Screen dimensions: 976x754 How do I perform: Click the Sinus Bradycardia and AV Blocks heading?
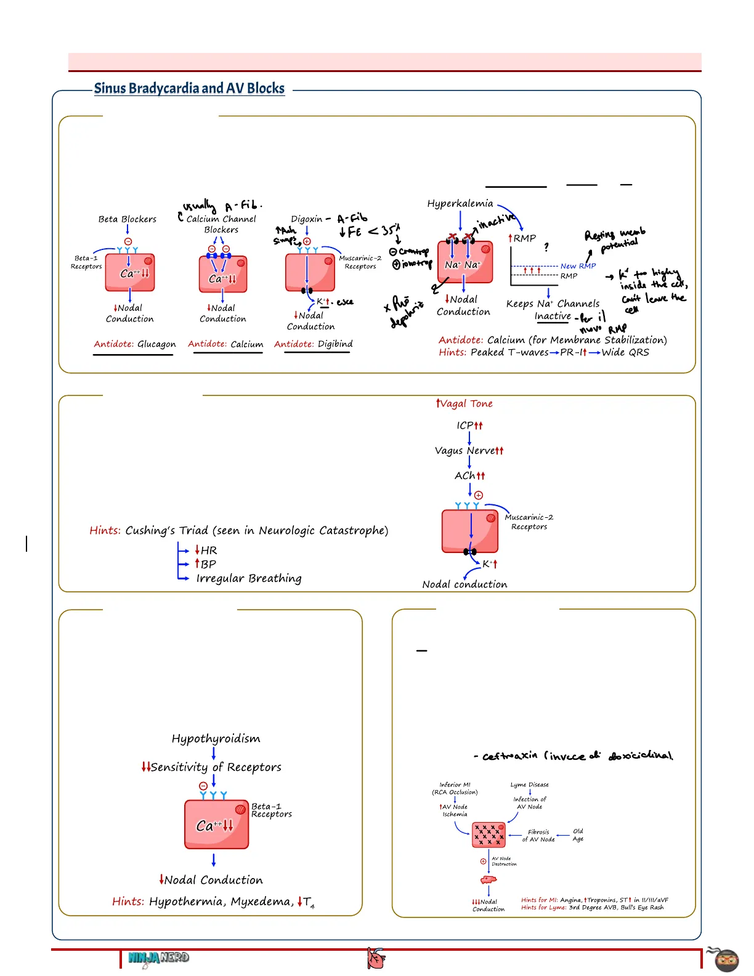pyautogui.click(x=189, y=89)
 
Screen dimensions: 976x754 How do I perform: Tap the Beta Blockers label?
pyautogui.click(x=128, y=219)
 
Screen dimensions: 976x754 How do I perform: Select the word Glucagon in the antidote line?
pyautogui.click(x=156, y=344)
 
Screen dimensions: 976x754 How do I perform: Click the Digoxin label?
pyautogui.click(x=307, y=219)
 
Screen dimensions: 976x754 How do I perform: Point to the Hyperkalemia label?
pyautogui.click(x=460, y=204)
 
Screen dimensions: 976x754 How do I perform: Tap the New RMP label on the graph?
pyautogui.click(x=578, y=266)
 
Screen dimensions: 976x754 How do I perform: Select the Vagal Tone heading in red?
pyautogui.click(x=464, y=404)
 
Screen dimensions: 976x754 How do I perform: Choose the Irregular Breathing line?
pyautogui.click(x=249, y=578)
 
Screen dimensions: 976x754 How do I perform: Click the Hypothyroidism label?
pyautogui.click(x=216, y=739)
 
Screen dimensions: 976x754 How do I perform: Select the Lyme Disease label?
pyautogui.click(x=530, y=784)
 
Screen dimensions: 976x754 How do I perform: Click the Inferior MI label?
pyautogui.click(x=455, y=784)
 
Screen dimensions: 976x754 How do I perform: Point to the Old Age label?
pyautogui.click(x=578, y=835)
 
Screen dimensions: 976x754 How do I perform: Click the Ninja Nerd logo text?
pyautogui.click(x=159, y=958)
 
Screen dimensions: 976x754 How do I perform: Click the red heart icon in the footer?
pyautogui.click(x=376, y=959)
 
